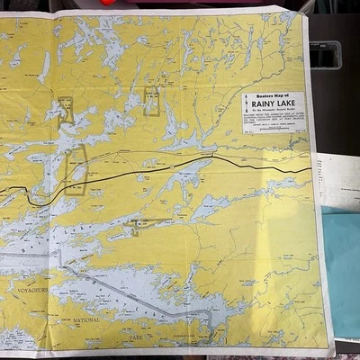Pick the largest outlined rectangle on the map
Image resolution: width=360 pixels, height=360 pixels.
point(76,169)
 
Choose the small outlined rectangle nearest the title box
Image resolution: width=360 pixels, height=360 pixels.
point(151,102)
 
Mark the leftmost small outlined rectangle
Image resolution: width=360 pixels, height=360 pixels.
point(66,109)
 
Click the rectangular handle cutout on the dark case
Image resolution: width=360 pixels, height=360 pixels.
point(325,56)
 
